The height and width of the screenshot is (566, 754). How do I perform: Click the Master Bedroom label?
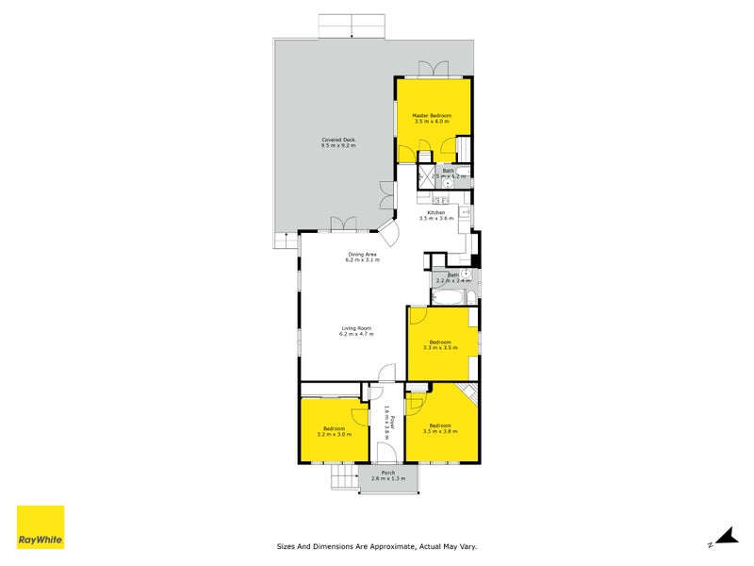(x=433, y=115)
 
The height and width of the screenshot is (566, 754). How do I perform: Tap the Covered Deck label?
(x=338, y=141)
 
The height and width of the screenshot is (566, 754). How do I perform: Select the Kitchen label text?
(x=435, y=212)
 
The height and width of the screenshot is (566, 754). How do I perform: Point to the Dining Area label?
(x=363, y=254)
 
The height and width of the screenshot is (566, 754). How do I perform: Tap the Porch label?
(x=387, y=473)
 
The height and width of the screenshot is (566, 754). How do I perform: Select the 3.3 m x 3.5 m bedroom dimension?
(x=441, y=347)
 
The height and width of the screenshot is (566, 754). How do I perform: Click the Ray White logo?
(x=41, y=527)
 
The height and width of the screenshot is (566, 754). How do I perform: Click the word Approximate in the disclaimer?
(x=387, y=545)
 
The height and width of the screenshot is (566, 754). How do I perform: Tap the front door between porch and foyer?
(x=386, y=464)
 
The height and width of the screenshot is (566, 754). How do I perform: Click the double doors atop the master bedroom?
(x=434, y=70)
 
